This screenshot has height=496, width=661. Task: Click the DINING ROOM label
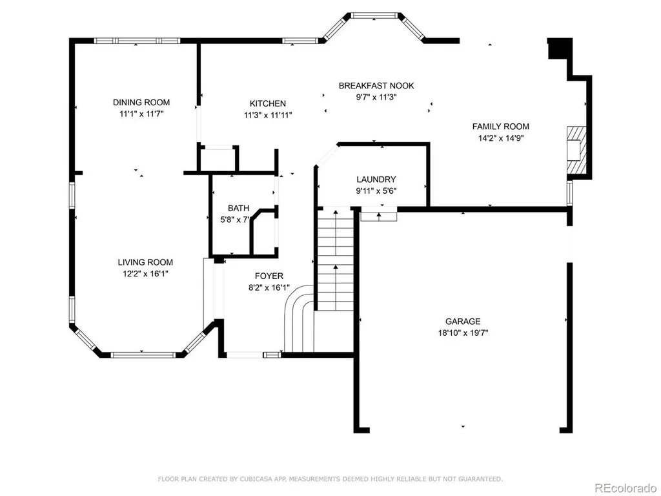(141, 103)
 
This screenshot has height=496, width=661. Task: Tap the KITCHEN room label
(268, 104)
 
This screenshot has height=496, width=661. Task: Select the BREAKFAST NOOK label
(376, 86)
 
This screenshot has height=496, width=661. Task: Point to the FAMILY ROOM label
(500, 127)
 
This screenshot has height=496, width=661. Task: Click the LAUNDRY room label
(376, 180)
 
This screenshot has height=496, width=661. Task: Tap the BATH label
(239, 209)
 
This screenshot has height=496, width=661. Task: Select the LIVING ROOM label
(145, 262)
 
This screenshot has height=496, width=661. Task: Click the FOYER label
(269, 276)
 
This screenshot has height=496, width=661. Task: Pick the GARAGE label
(463, 322)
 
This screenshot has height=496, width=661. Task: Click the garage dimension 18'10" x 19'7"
(463, 333)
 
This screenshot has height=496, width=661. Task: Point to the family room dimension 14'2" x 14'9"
(500, 138)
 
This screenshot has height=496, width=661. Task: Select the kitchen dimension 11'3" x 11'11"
(268, 115)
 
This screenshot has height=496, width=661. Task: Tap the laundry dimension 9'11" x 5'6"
(376, 191)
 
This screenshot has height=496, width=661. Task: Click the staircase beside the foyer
(336, 260)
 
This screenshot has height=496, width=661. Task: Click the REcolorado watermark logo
(625, 488)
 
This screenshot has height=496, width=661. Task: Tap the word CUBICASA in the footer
(257, 479)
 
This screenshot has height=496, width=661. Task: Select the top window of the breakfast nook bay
(374, 15)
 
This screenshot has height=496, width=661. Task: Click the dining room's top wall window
(137, 41)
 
